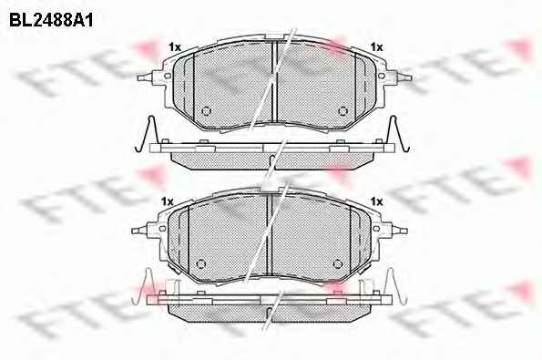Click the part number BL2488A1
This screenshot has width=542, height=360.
click(x=51, y=20)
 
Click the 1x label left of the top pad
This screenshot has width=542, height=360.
click(x=175, y=47)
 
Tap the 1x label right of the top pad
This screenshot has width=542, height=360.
click(x=376, y=47)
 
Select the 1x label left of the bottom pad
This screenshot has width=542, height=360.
click(x=168, y=201)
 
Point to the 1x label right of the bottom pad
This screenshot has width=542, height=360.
click(x=376, y=201)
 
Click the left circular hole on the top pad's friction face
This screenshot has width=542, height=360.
click(x=206, y=110)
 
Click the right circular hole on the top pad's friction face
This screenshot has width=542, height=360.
click(x=343, y=110)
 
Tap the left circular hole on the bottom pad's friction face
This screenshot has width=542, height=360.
click(x=200, y=264)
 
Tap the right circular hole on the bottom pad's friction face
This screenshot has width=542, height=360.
click(x=337, y=264)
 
